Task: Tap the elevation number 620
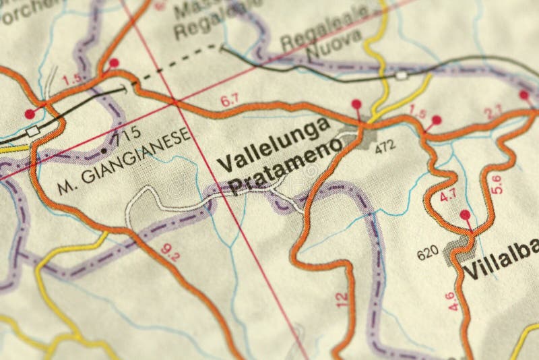point(428,254)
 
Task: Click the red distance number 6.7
point(230,101)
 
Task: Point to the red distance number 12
point(343,299)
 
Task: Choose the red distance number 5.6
point(497,185)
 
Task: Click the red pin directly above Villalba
point(465,215)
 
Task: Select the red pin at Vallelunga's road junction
point(356,104)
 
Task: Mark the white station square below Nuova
point(402,75)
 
